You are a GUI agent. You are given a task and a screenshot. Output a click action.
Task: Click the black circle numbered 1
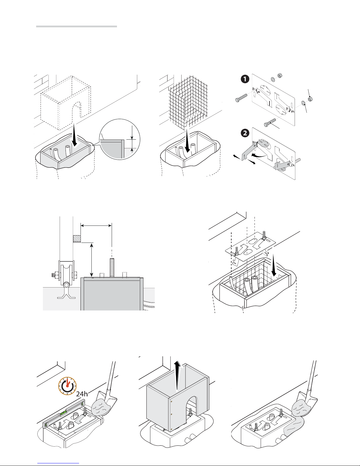pos(245,79)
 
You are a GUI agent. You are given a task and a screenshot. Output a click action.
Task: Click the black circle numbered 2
pos(245,133)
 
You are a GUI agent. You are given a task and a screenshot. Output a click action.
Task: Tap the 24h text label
pos(82,394)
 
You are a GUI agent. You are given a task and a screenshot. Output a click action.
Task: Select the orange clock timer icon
pos(67,386)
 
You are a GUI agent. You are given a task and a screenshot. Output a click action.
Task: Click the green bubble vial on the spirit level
pos(63,413)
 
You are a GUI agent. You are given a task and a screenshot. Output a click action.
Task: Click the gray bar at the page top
pos(76,26)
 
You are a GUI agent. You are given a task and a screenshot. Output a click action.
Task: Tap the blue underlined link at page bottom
pos(58,463)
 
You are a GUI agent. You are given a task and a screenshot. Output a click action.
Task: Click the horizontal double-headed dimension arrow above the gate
pos(96,226)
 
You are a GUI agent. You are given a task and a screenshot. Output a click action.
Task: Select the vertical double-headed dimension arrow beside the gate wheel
pos(92,260)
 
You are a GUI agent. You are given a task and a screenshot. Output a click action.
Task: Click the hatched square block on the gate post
pos(77,239)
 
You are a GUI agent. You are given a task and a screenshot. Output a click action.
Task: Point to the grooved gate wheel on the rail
pos(66,275)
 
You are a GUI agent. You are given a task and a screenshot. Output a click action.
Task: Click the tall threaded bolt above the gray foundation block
pos(112,268)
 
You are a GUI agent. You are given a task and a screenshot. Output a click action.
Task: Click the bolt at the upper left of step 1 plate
pos(241,97)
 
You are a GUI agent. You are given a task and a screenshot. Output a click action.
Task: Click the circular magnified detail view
pos(120,139)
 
